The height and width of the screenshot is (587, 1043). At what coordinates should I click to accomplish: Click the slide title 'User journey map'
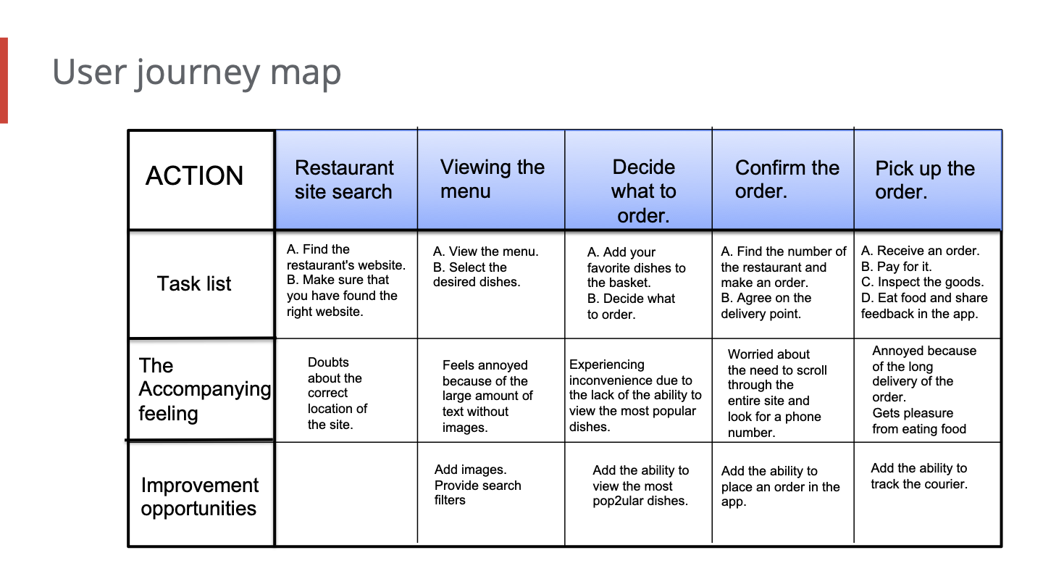pyautogui.click(x=196, y=72)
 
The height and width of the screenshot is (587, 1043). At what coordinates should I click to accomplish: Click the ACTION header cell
pyautogui.click(x=201, y=180)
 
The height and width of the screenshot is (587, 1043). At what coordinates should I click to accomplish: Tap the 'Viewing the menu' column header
pyautogui.click(x=491, y=180)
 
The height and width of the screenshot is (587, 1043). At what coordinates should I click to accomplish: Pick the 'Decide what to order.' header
pyautogui.click(x=638, y=180)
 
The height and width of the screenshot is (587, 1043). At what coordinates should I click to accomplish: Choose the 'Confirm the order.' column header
pyautogui.click(x=783, y=180)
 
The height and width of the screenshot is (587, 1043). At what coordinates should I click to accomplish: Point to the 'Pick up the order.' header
pyautogui.click(x=928, y=180)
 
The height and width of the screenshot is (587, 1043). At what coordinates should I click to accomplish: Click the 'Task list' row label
pyautogui.click(x=193, y=284)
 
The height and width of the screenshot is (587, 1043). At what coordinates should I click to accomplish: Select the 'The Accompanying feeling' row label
pyautogui.click(x=204, y=389)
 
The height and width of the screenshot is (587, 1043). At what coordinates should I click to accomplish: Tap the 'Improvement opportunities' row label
pyautogui.click(x=199, y=496)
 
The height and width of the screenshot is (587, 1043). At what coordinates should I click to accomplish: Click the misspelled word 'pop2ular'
pyautogui.click(x=616, y=501)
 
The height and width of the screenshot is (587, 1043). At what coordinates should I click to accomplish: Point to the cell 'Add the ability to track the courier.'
pyautogui.click(x=918, y=476)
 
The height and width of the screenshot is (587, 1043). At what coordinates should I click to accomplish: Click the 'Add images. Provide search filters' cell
pyautogui.click(x=478, y=485)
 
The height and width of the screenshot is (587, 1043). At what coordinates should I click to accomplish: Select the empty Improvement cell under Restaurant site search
pyautogui.click(x=346, y=494)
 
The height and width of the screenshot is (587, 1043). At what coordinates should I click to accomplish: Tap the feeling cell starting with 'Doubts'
pyautogui.click(x=337, y=394)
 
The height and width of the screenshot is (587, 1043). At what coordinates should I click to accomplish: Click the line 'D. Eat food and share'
pyautogui.click(x=924, y=298)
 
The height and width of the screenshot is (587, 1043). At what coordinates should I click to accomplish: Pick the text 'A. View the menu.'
pyautogui.click(x=485, y=251)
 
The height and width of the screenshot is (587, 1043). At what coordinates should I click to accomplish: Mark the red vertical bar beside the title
pyautogui.click(x=4, y=80)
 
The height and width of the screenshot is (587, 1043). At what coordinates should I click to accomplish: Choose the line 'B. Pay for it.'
pyautogui.click(x=896, y=267)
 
